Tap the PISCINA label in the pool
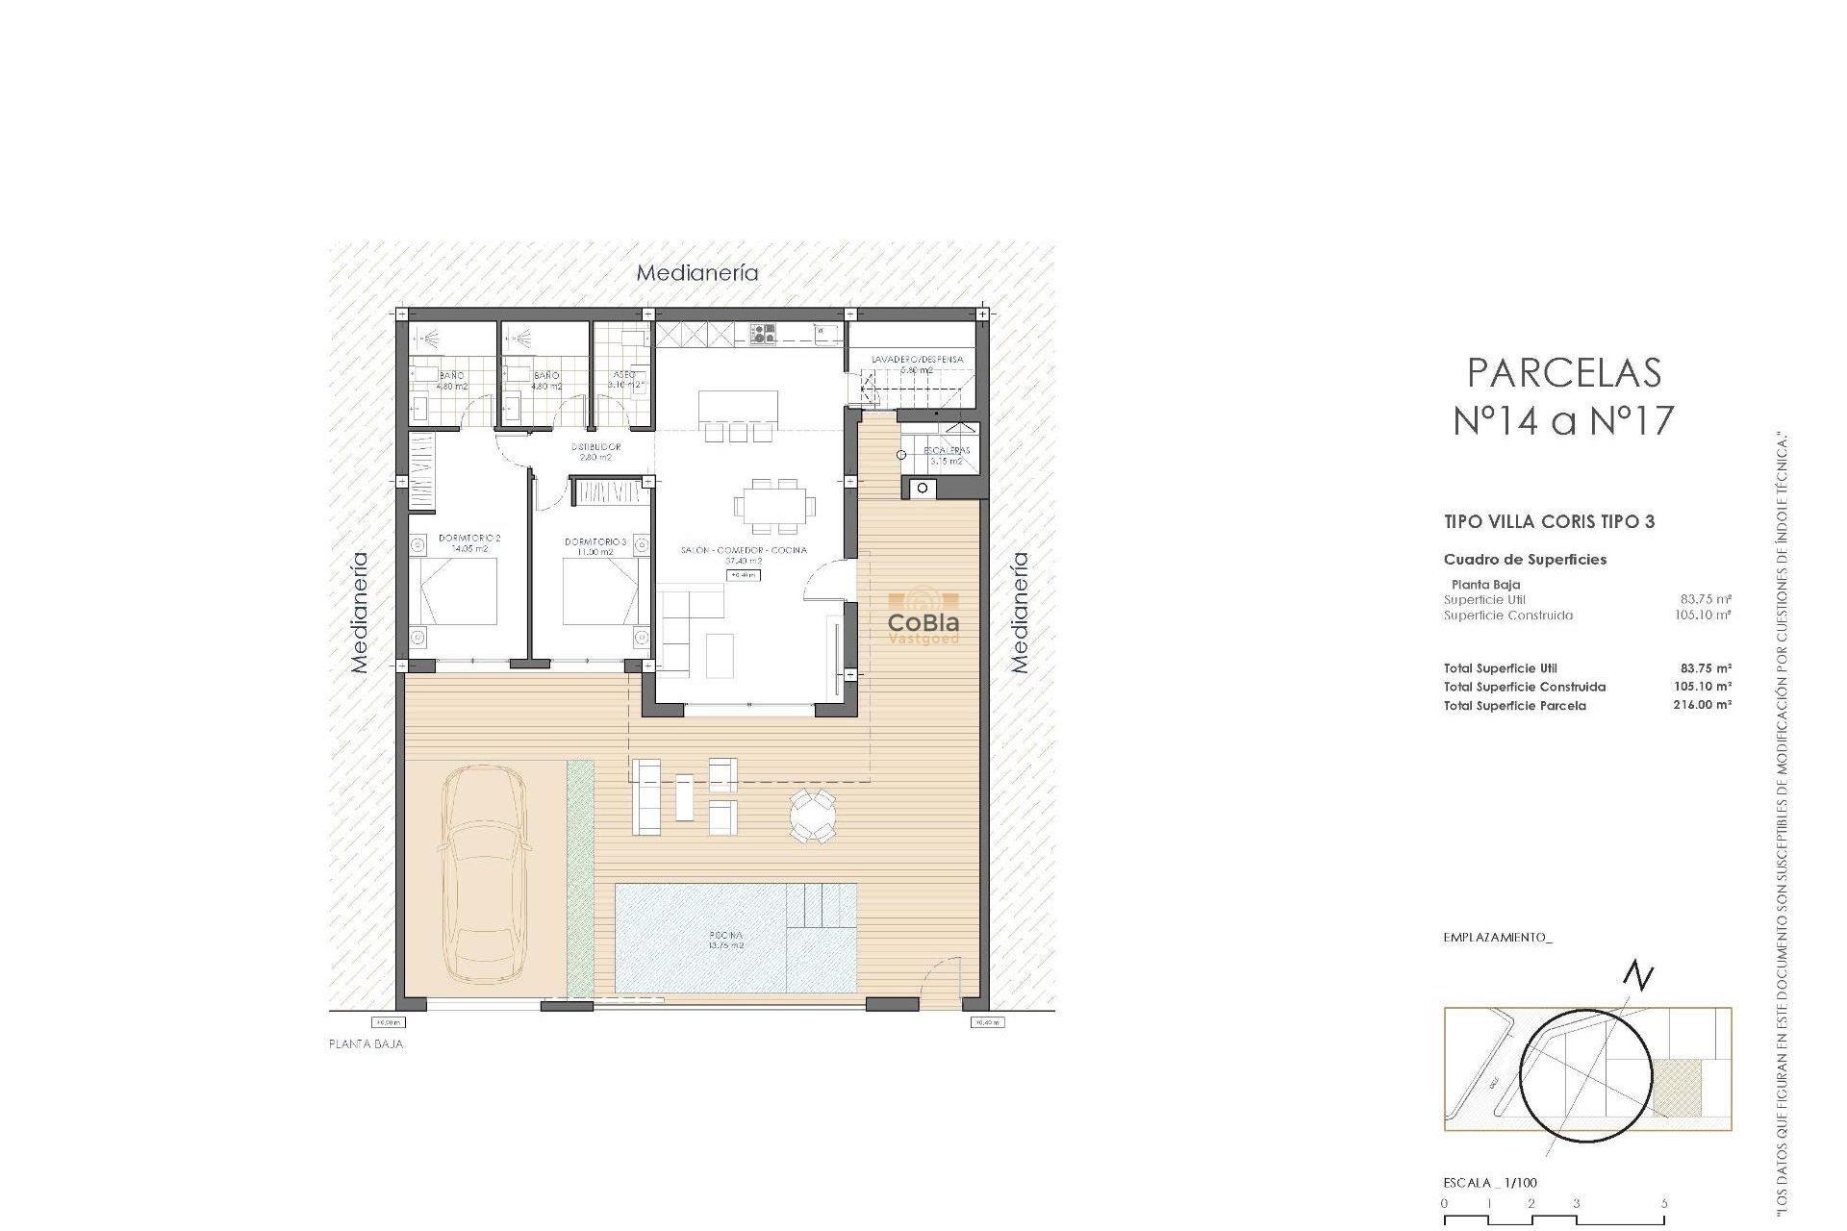point(726,940)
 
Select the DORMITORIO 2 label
point(469,542)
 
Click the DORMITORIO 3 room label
point(595,546)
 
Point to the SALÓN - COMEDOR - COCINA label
point(744,555)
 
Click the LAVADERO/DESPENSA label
point(917,364)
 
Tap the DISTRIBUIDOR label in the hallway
point(595,451)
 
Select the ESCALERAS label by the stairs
point(947,455)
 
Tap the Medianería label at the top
point(697,273)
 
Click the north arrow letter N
point(1638,976)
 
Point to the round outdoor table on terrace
point(813,816)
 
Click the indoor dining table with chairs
point(773,505)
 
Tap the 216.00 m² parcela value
point(1702,705)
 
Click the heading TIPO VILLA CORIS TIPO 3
point(1549,522)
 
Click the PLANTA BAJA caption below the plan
point(367,1043)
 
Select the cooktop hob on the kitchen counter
point(764,334)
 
